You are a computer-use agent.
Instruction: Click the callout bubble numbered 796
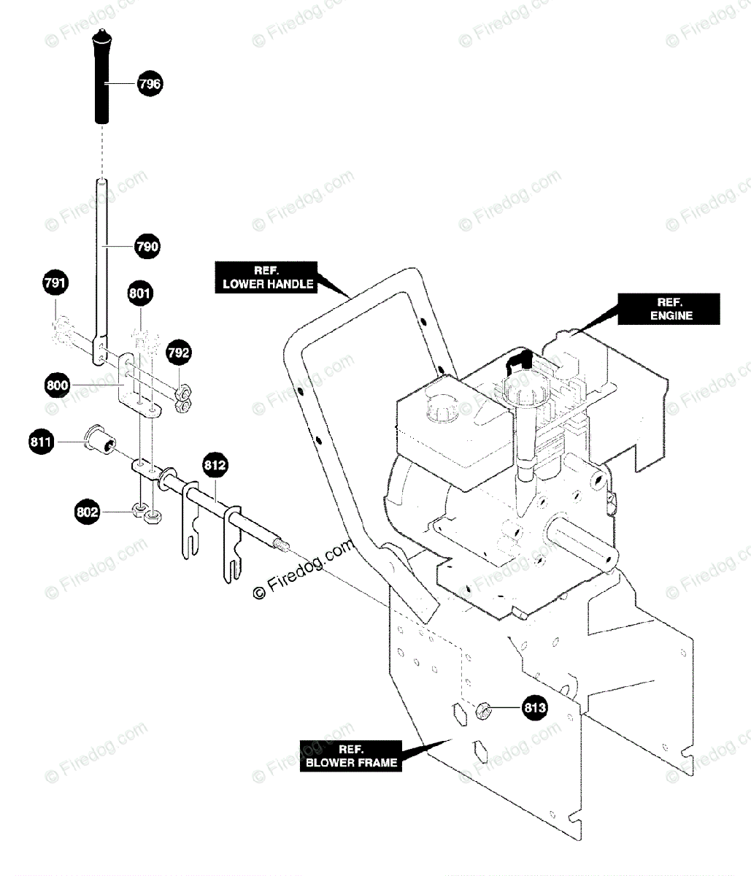point(150,84)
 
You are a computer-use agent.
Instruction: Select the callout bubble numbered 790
point(147,247)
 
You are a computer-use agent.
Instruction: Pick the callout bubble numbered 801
point(140,293)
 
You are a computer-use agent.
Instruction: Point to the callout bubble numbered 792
point(179,353)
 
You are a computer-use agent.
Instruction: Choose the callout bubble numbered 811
point(42,442)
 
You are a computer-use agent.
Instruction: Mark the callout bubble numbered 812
point(215,466)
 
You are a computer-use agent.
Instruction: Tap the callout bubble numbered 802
point(88,512)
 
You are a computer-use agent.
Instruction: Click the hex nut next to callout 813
point(482,708)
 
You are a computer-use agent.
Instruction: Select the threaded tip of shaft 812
point(282,545)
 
